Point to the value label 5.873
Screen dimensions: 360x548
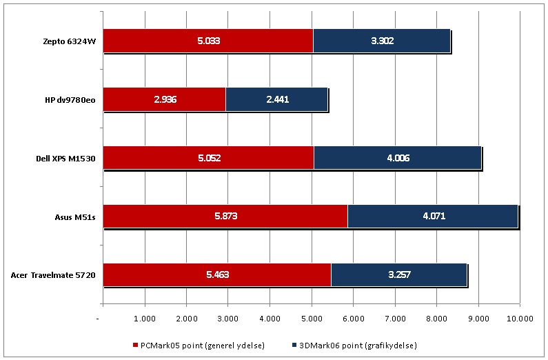[225, 216]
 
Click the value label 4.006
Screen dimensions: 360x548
[398, 158]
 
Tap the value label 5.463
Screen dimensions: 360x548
[217, 274]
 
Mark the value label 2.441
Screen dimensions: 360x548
[277, 99]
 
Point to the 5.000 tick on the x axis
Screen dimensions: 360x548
[311, 319]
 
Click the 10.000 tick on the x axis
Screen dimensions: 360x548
[520, 319]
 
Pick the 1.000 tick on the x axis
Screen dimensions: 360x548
[144, 319]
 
